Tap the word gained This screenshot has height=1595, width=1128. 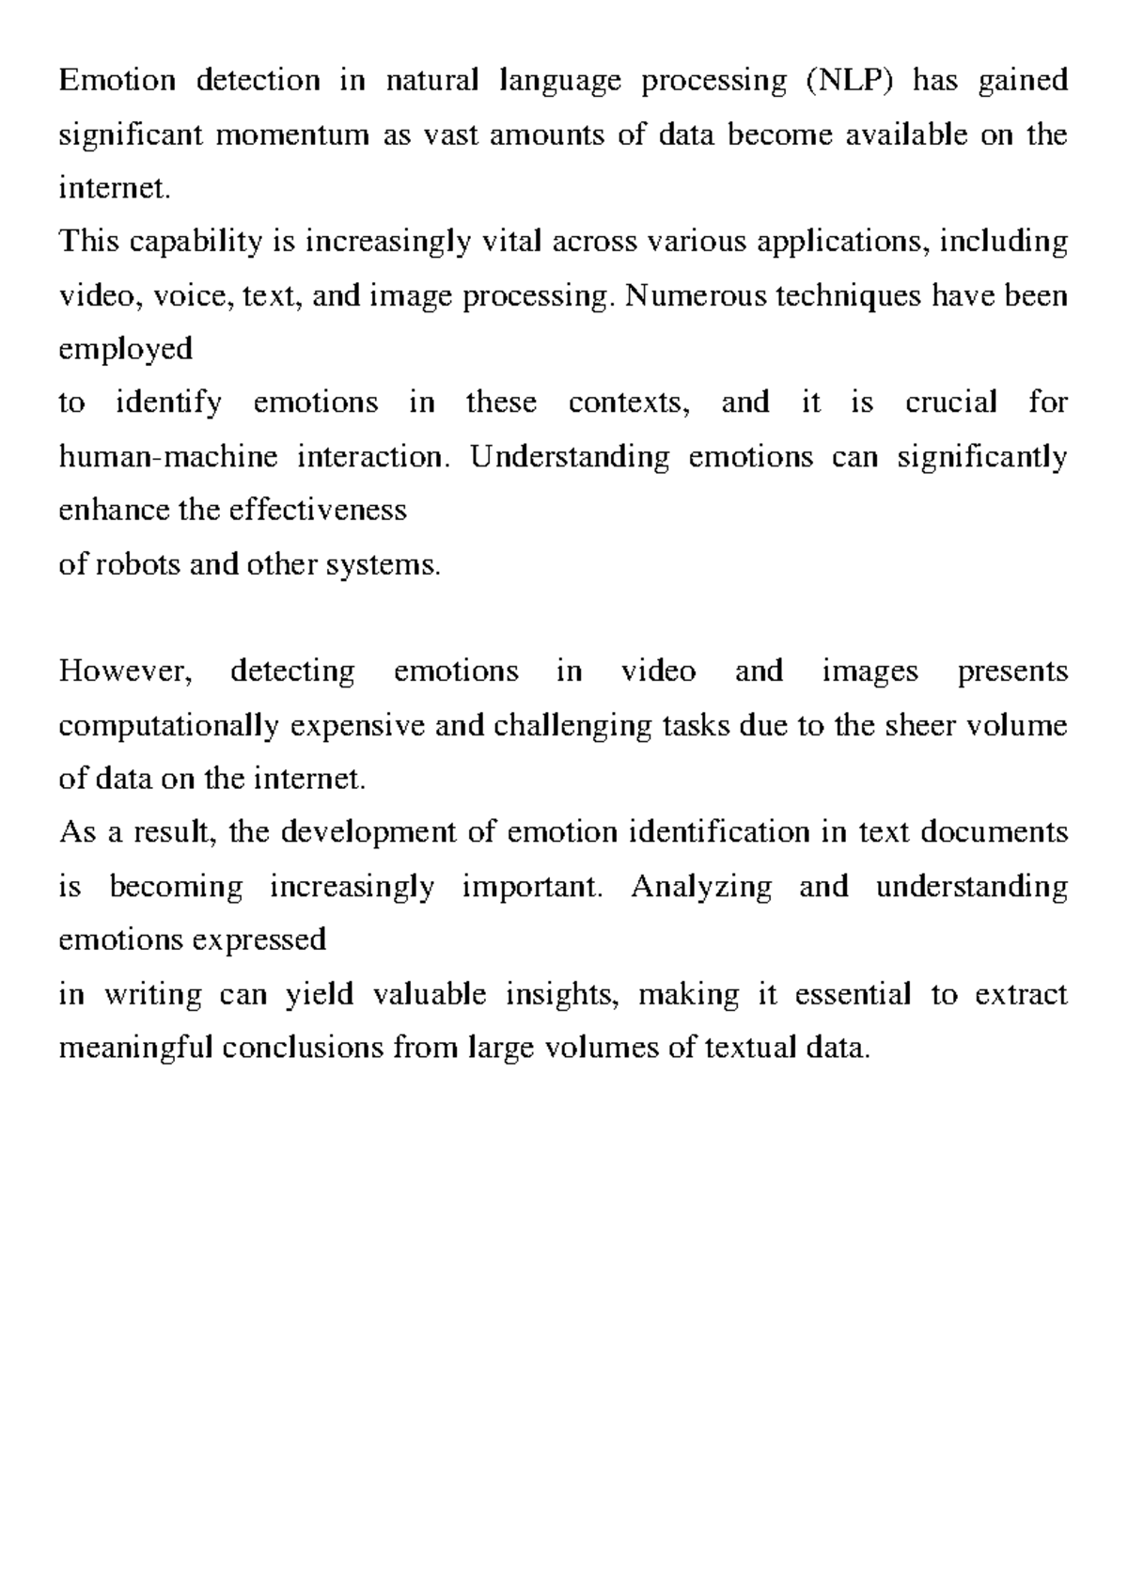tap(1023, 82)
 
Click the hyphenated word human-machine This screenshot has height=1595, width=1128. tap(168, 458)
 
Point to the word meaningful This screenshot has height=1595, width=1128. tap(136, 1049)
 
